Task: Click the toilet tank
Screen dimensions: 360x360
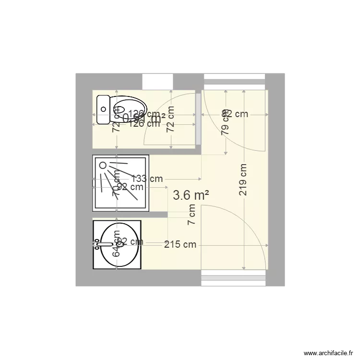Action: click(x=103, y=110)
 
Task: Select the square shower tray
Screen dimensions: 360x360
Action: click(x=120, y=183)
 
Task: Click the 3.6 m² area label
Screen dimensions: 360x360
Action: click(x=191, y=195)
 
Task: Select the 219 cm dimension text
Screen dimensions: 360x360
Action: click(x=243, y=180)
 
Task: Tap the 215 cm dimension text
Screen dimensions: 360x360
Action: click(x=180, y=244)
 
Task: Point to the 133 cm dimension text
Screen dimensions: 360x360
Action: click(x=146, y=179)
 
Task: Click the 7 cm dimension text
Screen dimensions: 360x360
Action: click(x=192, y=215)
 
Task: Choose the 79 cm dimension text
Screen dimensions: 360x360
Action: click(x=225, y=124)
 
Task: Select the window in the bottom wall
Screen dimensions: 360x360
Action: click(x=233, y=278)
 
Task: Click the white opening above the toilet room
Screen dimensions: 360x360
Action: click(x=157, y=81)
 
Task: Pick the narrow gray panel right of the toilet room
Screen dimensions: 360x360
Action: click(x=198, y=118)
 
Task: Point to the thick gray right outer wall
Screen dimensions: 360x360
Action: click(x=276, y=180)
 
